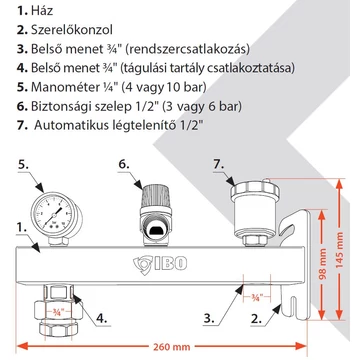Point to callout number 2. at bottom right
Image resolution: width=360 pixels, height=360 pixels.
pos(258,320)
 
